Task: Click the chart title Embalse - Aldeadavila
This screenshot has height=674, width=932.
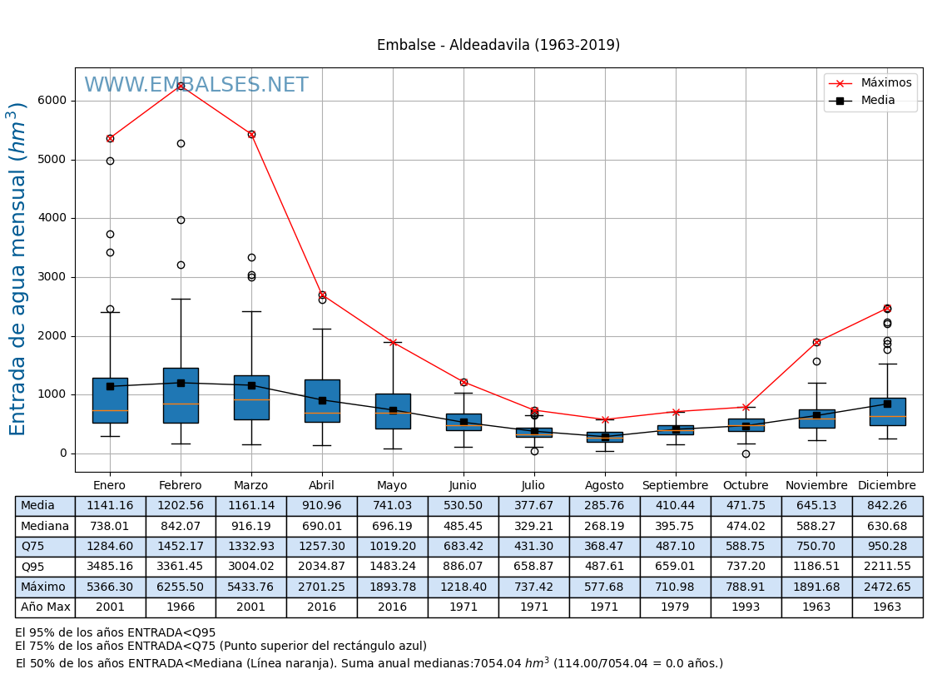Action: pos(498,45)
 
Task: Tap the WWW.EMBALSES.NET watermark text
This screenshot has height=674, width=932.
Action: pos(196,85)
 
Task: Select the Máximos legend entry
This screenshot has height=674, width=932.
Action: pos(885,82)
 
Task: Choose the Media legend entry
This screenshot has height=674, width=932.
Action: pos(877,101)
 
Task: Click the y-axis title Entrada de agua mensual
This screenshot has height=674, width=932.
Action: pos(17,269)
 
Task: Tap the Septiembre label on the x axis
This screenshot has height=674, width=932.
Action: pos(675,485)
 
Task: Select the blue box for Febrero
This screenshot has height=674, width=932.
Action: pos(181,395)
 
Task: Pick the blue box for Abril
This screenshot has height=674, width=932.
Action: pos(322,401)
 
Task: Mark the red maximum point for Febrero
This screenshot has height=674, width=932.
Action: pos(181,86)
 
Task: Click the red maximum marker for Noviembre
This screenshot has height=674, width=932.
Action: pos(816,342)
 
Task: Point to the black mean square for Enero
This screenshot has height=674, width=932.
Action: pos(110,386)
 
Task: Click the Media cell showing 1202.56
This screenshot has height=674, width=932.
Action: pos(181,506)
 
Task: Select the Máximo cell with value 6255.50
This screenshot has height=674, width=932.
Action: pos(181,587)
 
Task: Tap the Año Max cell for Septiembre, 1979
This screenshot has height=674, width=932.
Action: pos(675,607)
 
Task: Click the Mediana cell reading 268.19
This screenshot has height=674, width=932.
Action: pos(604,526)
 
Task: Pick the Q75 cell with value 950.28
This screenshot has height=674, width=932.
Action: pos(887,546)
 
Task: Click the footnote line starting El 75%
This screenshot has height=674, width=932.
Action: pos(221,646)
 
